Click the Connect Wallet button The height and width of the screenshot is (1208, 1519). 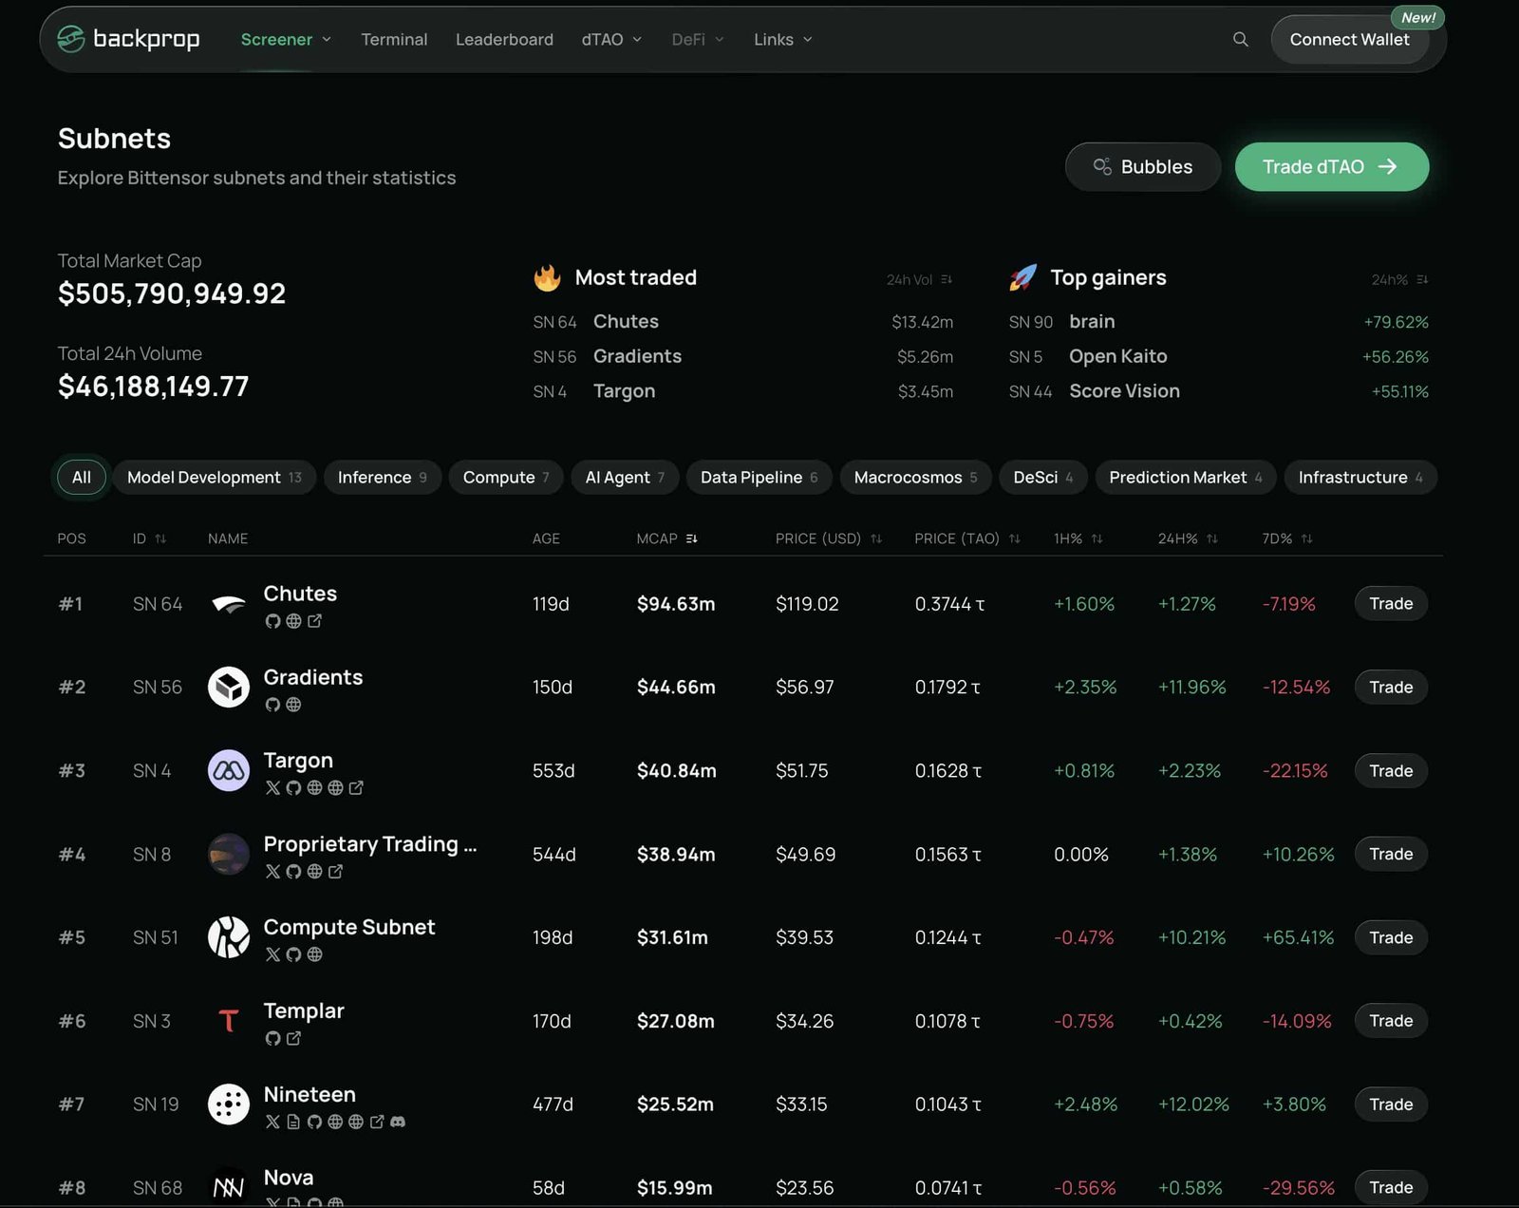pyautogui.click(x=1349, y=40)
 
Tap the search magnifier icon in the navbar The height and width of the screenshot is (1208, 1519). pyautogui.click(x=1240, y=40)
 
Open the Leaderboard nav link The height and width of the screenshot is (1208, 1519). pyautogui.click(x=504, y=40)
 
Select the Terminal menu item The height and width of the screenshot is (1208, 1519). pyautogui.click(x=394, y=40)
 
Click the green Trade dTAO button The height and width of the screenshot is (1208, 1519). pyautogui.click(x=1331, y=167)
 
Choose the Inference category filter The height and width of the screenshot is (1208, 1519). pyautogui.click(x=382, y=478)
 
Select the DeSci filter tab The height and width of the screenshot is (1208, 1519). pyautogui.click(x=1042, y=478)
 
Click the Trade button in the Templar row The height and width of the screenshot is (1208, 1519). pyautogui.click(x=1390, y=1021)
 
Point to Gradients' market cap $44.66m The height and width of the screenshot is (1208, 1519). pyautogui.click(x=676, y=688)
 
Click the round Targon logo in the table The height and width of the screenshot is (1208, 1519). pyautogui.click(x=229, y=770)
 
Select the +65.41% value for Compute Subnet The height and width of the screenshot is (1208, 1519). pyautogui.click(x=1298, y=938)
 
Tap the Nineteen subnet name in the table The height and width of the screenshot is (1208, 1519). pyautogui.click(x=309, y=1095)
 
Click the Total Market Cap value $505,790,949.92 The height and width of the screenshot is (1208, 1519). pyautogui.click(x=172, y=294)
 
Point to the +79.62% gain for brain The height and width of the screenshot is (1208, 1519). pyautogui.click(x=1396, y=323)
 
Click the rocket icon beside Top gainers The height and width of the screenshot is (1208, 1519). pyautogui.click(x=1022, y=278)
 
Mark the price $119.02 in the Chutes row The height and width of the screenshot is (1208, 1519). pyautogui.click(x=807, y=604)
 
